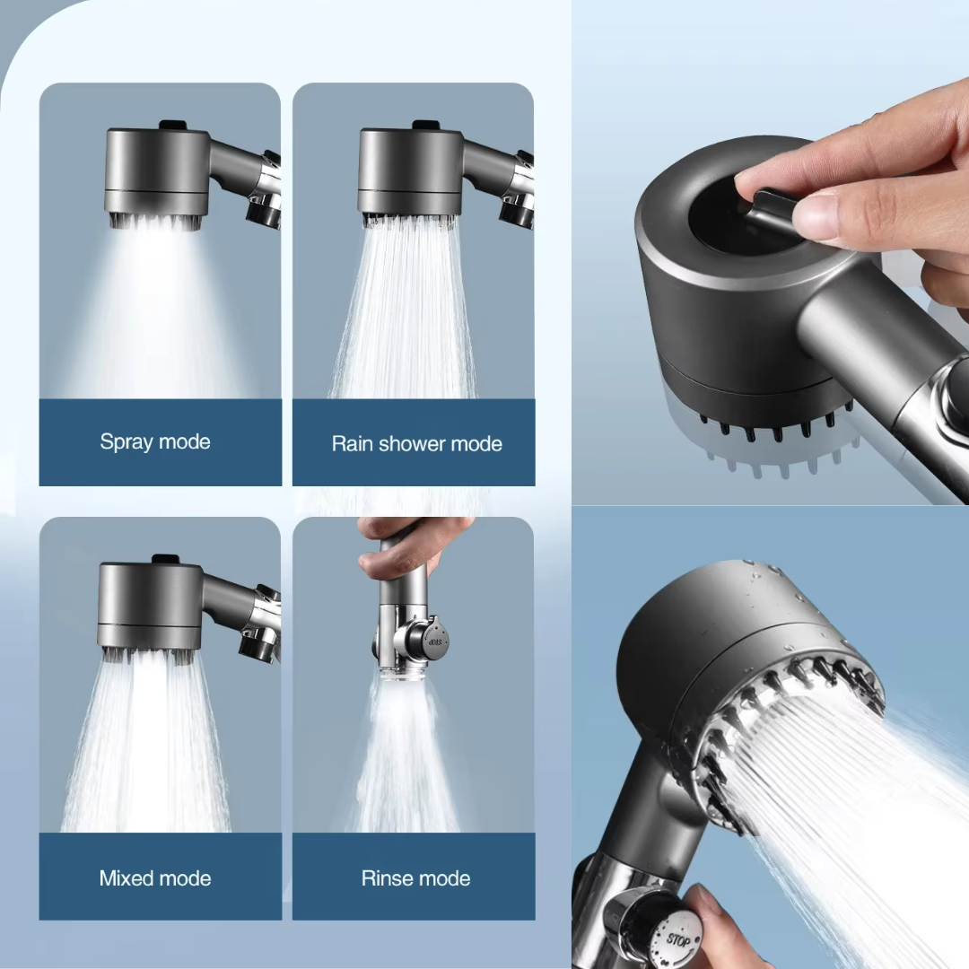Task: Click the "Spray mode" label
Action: (155, 441)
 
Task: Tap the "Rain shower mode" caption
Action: (416, 443)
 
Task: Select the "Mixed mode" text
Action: (155, 878)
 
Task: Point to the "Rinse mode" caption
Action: (415, 878)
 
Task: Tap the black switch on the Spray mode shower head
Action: (170, 126)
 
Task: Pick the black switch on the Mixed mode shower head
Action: (164, 560)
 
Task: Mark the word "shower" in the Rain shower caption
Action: (413, 443)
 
